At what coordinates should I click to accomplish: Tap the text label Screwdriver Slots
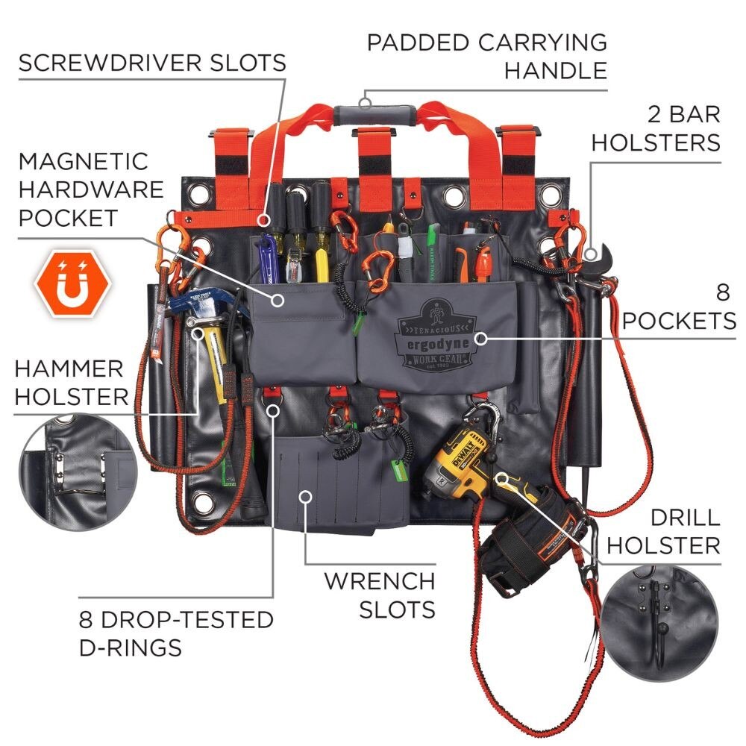[x=152, y=63]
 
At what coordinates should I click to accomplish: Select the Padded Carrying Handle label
[x=486, y=56]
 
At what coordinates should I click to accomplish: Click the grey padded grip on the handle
[x=374, y=115]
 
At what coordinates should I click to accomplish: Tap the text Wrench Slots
[x=379, y=594]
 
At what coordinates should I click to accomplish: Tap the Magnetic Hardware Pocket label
[x=91, y=189]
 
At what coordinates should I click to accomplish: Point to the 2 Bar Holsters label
[x=656, y=128]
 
